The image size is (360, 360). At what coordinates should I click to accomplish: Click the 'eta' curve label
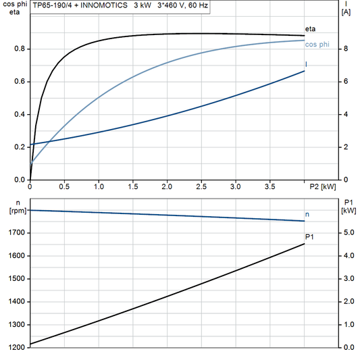click(x=310, y=29)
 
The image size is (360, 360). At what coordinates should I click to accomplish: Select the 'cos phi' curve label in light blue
click(x=316, y=45)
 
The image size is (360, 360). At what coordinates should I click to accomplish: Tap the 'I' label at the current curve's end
click(x=307, y=64)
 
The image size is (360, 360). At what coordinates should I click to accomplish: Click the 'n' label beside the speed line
click(x=308, y=214)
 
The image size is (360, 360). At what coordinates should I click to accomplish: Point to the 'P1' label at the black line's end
click(x=309, y=237)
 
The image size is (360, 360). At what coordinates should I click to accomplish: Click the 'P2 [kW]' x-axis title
click(x=322, y=186)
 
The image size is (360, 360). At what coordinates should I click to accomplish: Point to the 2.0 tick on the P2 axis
click(x=167, y=186)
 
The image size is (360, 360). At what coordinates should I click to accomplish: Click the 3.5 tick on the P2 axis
click(x=269, y=186)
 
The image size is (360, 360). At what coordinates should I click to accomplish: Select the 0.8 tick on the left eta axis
click(x=20, y=49)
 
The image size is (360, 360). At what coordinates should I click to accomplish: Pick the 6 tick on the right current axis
click(x=346, y=82)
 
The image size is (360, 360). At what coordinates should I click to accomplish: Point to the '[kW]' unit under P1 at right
click(x=349, y=211)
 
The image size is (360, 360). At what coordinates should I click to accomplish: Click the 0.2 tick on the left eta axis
click(x=20, y=147)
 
